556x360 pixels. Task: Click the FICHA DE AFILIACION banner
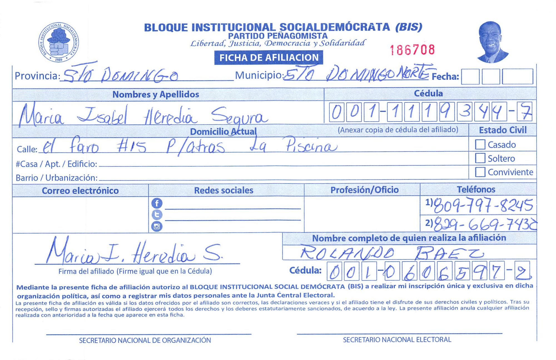coord(269,57)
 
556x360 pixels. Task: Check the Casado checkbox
coord(480,144)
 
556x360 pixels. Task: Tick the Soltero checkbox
coord(480,158)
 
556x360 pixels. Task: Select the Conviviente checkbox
coord(480,172)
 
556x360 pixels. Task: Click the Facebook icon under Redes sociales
coord(157,203)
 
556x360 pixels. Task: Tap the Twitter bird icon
coord(157,215)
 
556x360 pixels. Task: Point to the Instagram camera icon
coord(157,226)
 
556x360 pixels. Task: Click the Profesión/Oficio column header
coord(364,190)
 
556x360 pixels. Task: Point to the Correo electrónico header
coord(80,191)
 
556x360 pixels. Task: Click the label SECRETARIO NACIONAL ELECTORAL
coord(397,340)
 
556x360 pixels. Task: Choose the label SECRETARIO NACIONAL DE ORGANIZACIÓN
coord(145,340)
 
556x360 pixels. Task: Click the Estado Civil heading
coord(503,130)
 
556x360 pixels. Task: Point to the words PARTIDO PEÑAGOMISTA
coord(278,36)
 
